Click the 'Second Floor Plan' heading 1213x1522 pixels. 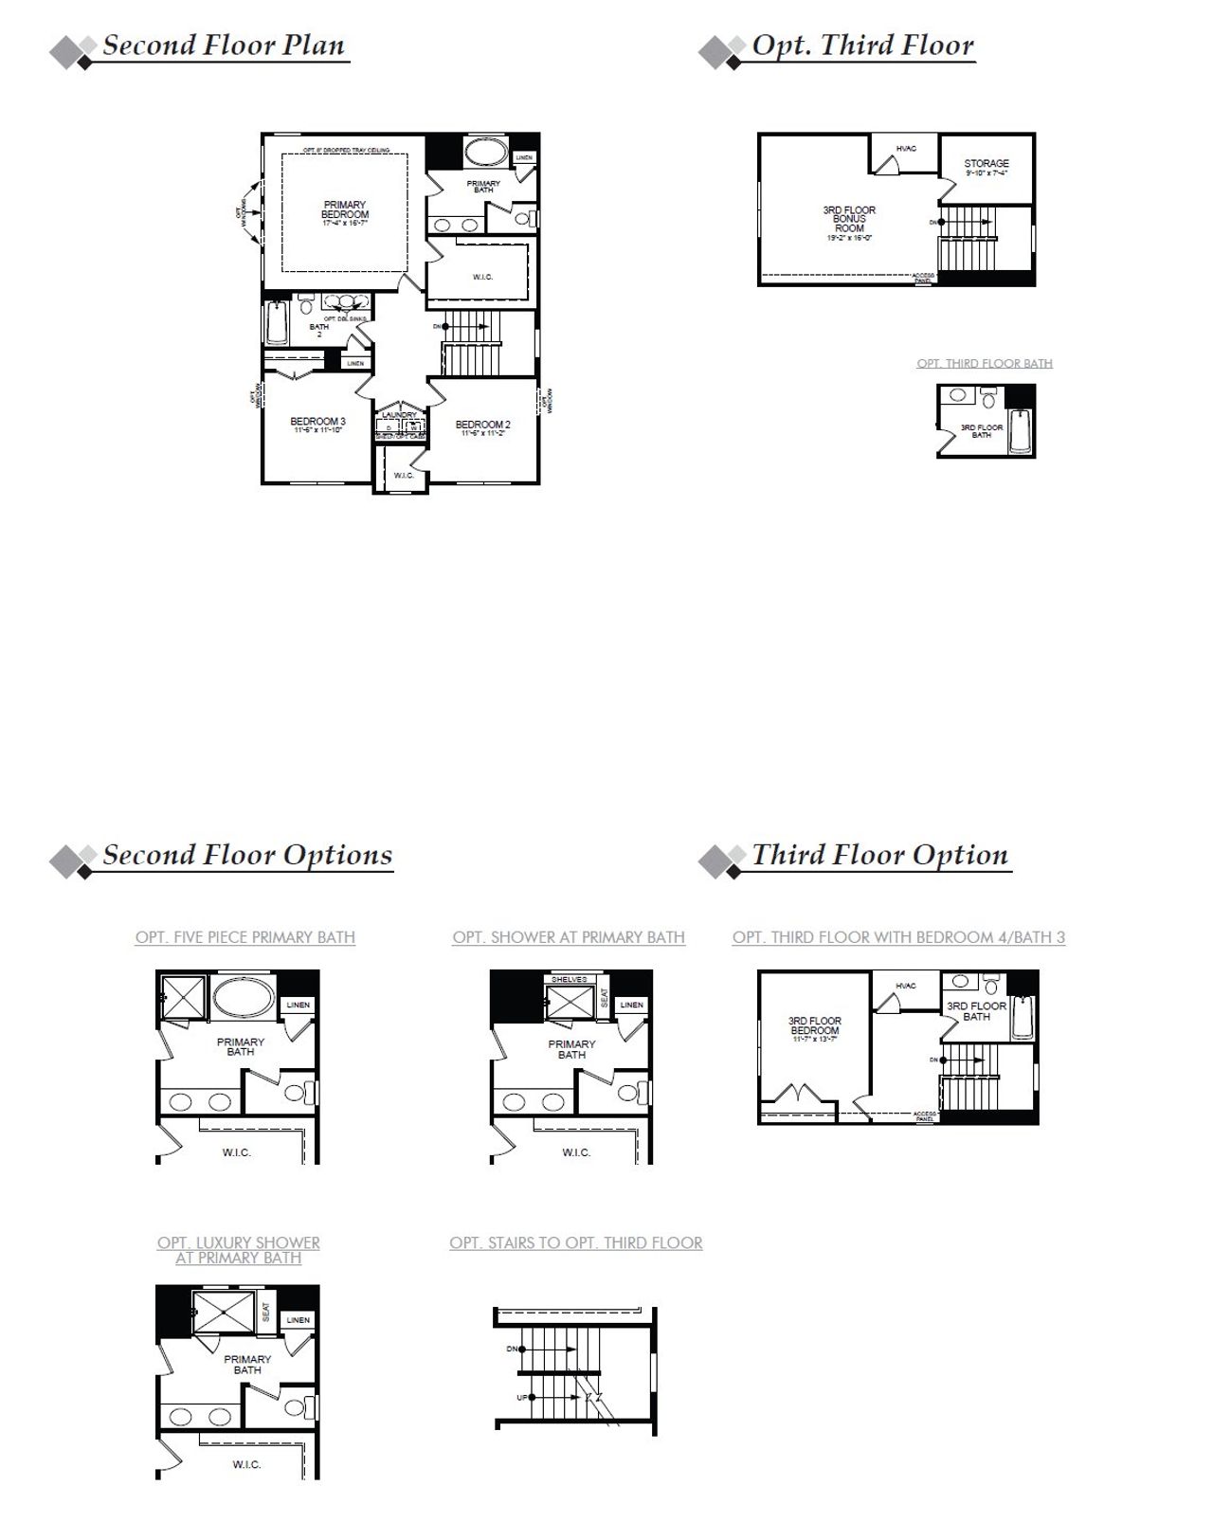pos(224,45)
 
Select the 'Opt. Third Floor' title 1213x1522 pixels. pos(862,45)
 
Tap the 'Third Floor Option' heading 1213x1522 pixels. pos(879,855)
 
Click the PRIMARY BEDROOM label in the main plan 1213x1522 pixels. pos(345,210)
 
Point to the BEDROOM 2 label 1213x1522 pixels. pos(482,426)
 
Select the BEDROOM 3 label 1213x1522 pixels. pos(317,423)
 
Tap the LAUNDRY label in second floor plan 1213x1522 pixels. pos(400,415)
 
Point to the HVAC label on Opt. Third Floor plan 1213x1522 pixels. pos(906,149)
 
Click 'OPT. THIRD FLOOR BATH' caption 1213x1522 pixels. pos(985,364)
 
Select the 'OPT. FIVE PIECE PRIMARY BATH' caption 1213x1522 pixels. pos(245,937)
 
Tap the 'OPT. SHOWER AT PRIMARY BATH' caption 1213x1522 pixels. pos(569,937)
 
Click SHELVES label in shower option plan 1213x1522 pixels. pos(569,979)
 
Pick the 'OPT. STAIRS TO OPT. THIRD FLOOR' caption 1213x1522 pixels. pos(576,1242)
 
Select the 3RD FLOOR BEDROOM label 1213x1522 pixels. pos(815,1025)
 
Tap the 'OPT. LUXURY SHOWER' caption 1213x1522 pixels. pos(239,1242)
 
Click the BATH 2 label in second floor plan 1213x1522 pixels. pos(319,330)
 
